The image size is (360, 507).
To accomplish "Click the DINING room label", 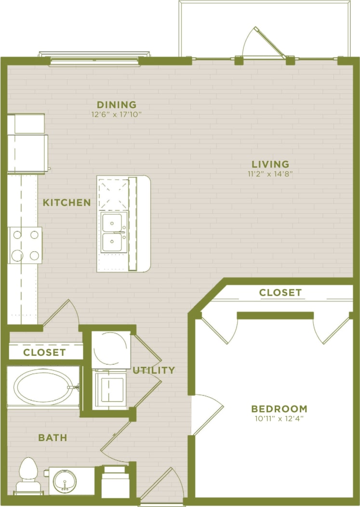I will (117, 104).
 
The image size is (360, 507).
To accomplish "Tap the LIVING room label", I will (270, 164).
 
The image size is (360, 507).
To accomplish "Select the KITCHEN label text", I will (67, 203).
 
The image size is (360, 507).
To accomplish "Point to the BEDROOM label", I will (279, 409).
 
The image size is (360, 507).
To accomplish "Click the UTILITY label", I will (154, 370).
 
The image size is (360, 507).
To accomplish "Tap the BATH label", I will (53, 438).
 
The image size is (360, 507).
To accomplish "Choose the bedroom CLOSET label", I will (280, 292).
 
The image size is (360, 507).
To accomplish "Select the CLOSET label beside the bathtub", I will (44, 352).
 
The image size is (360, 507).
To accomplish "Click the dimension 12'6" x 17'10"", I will (117, 115).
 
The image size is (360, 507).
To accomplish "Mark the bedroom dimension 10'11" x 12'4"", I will (279, 418).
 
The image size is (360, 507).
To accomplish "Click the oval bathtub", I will (43, 387).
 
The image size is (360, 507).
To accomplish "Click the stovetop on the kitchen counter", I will (26, 245).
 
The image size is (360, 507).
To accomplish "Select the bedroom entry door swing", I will (207, 413).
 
